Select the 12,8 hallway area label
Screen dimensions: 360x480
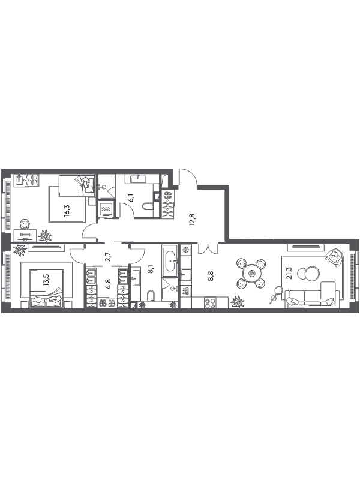(x=193, y=220)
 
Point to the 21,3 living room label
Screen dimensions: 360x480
(x=290, y=273)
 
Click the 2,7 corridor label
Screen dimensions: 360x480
(x=107, y=256)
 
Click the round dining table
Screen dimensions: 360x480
(x=251, y=274)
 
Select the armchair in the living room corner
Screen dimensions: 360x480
(x=334, y=257)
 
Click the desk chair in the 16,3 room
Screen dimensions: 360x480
(x=25, y=224)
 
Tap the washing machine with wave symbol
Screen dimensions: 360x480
(x=106, y=209)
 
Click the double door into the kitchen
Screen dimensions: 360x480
(x=208, y=248)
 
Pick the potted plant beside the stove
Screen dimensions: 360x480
(x=238, y=302)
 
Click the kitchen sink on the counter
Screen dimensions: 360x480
(x=186, y=274)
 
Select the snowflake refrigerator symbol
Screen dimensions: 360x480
(x=185, y=250)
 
